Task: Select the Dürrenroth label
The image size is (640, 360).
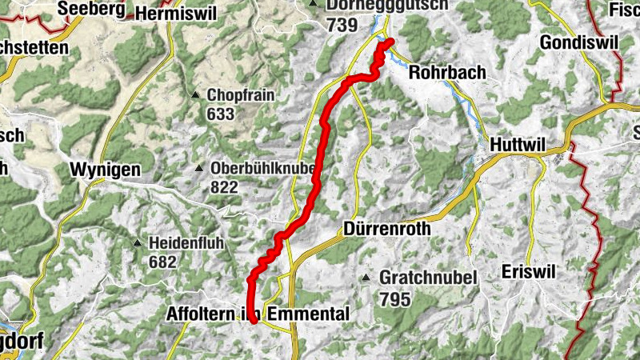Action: (387, 228)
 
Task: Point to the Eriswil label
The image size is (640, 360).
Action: (528, 271)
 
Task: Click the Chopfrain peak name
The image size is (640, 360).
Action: (241, 95)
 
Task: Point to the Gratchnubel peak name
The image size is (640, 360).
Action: (428, 278)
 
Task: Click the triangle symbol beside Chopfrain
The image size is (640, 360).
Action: (195, 95)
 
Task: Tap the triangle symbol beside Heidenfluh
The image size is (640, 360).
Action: (138, 243)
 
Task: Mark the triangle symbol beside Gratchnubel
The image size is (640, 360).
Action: (366, 278)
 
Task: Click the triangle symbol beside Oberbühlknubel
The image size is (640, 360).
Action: (198, 168)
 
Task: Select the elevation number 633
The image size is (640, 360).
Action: (220, 114)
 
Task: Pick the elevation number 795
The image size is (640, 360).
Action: (395, 299)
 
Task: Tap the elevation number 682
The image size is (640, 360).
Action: (162, 262)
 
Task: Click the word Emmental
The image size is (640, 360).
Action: (308, 314)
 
